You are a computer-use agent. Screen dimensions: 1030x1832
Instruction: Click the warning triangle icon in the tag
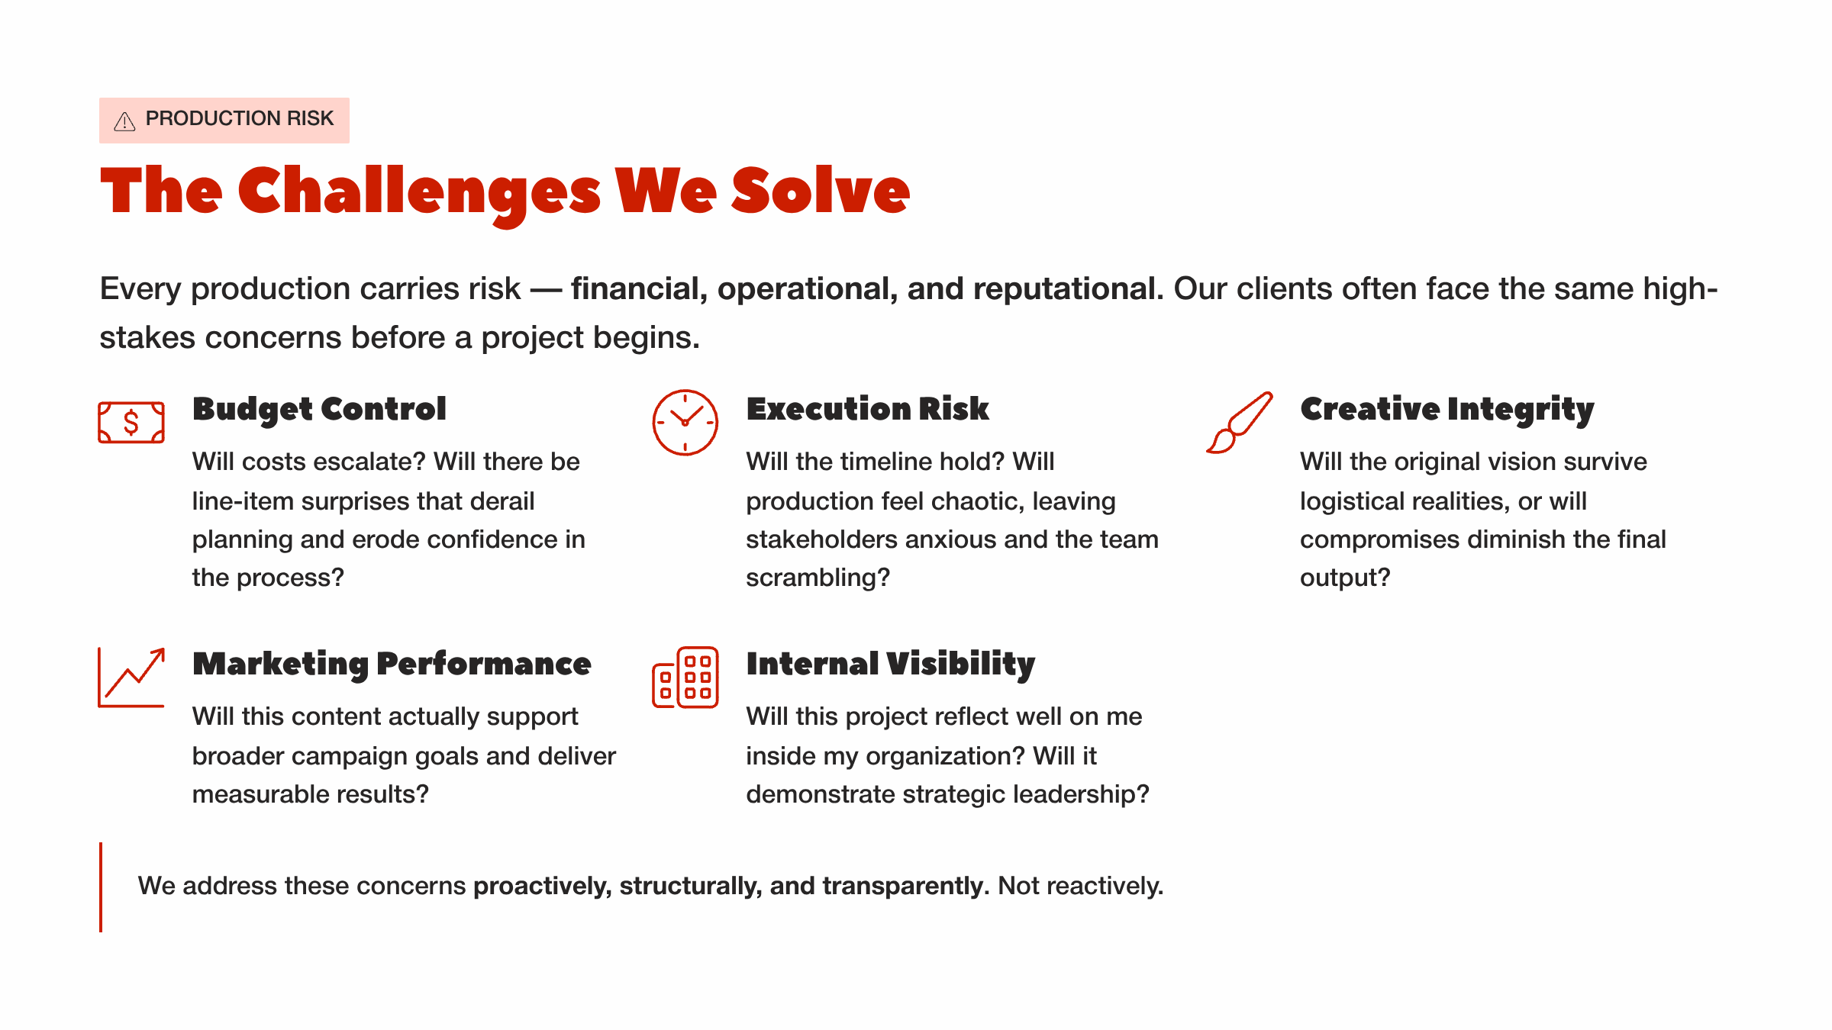(x=124, y=121)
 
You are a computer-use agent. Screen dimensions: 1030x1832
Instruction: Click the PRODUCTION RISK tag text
(x=239, y=119)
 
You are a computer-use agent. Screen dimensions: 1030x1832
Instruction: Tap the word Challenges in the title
(x=419, y=192)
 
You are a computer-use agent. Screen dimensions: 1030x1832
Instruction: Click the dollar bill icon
(x=131, y=422)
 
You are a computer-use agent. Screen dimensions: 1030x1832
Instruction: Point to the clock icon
(x=685, y=422)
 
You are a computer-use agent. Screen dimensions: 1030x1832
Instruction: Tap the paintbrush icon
(x=1240, y=422)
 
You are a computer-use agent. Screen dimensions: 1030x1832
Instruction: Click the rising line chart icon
(x=131, y=678)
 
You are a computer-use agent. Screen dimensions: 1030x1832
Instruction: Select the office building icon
(x=685, y=678)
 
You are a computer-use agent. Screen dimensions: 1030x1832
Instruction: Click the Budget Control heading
(x=319, y=409)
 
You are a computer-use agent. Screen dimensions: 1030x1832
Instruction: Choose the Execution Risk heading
(x=867, y=409)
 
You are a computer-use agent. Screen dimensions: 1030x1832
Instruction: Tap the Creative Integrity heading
(x=1447, y=409)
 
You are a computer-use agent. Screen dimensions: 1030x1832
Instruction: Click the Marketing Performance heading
(x=392, y=664)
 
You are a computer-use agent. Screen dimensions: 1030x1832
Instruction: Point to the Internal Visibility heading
(x=890, y=664)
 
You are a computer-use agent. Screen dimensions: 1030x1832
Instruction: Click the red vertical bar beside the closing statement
(x=101, y=887)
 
